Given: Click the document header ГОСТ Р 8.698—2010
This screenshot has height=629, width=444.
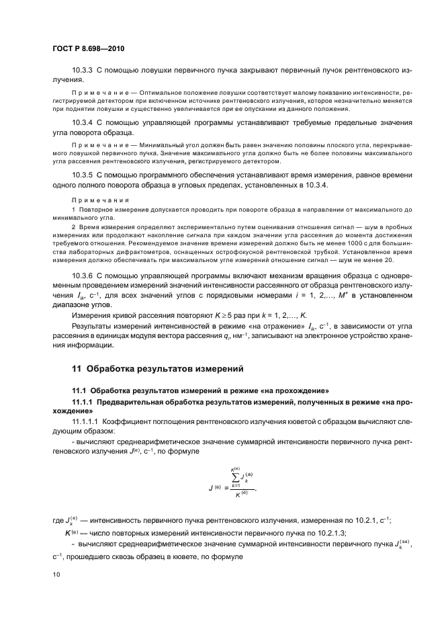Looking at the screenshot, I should (85, 50).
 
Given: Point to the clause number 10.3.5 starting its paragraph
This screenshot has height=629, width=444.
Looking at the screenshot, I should (83, 174).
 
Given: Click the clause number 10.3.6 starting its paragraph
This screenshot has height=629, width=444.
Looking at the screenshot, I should (83, 276).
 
